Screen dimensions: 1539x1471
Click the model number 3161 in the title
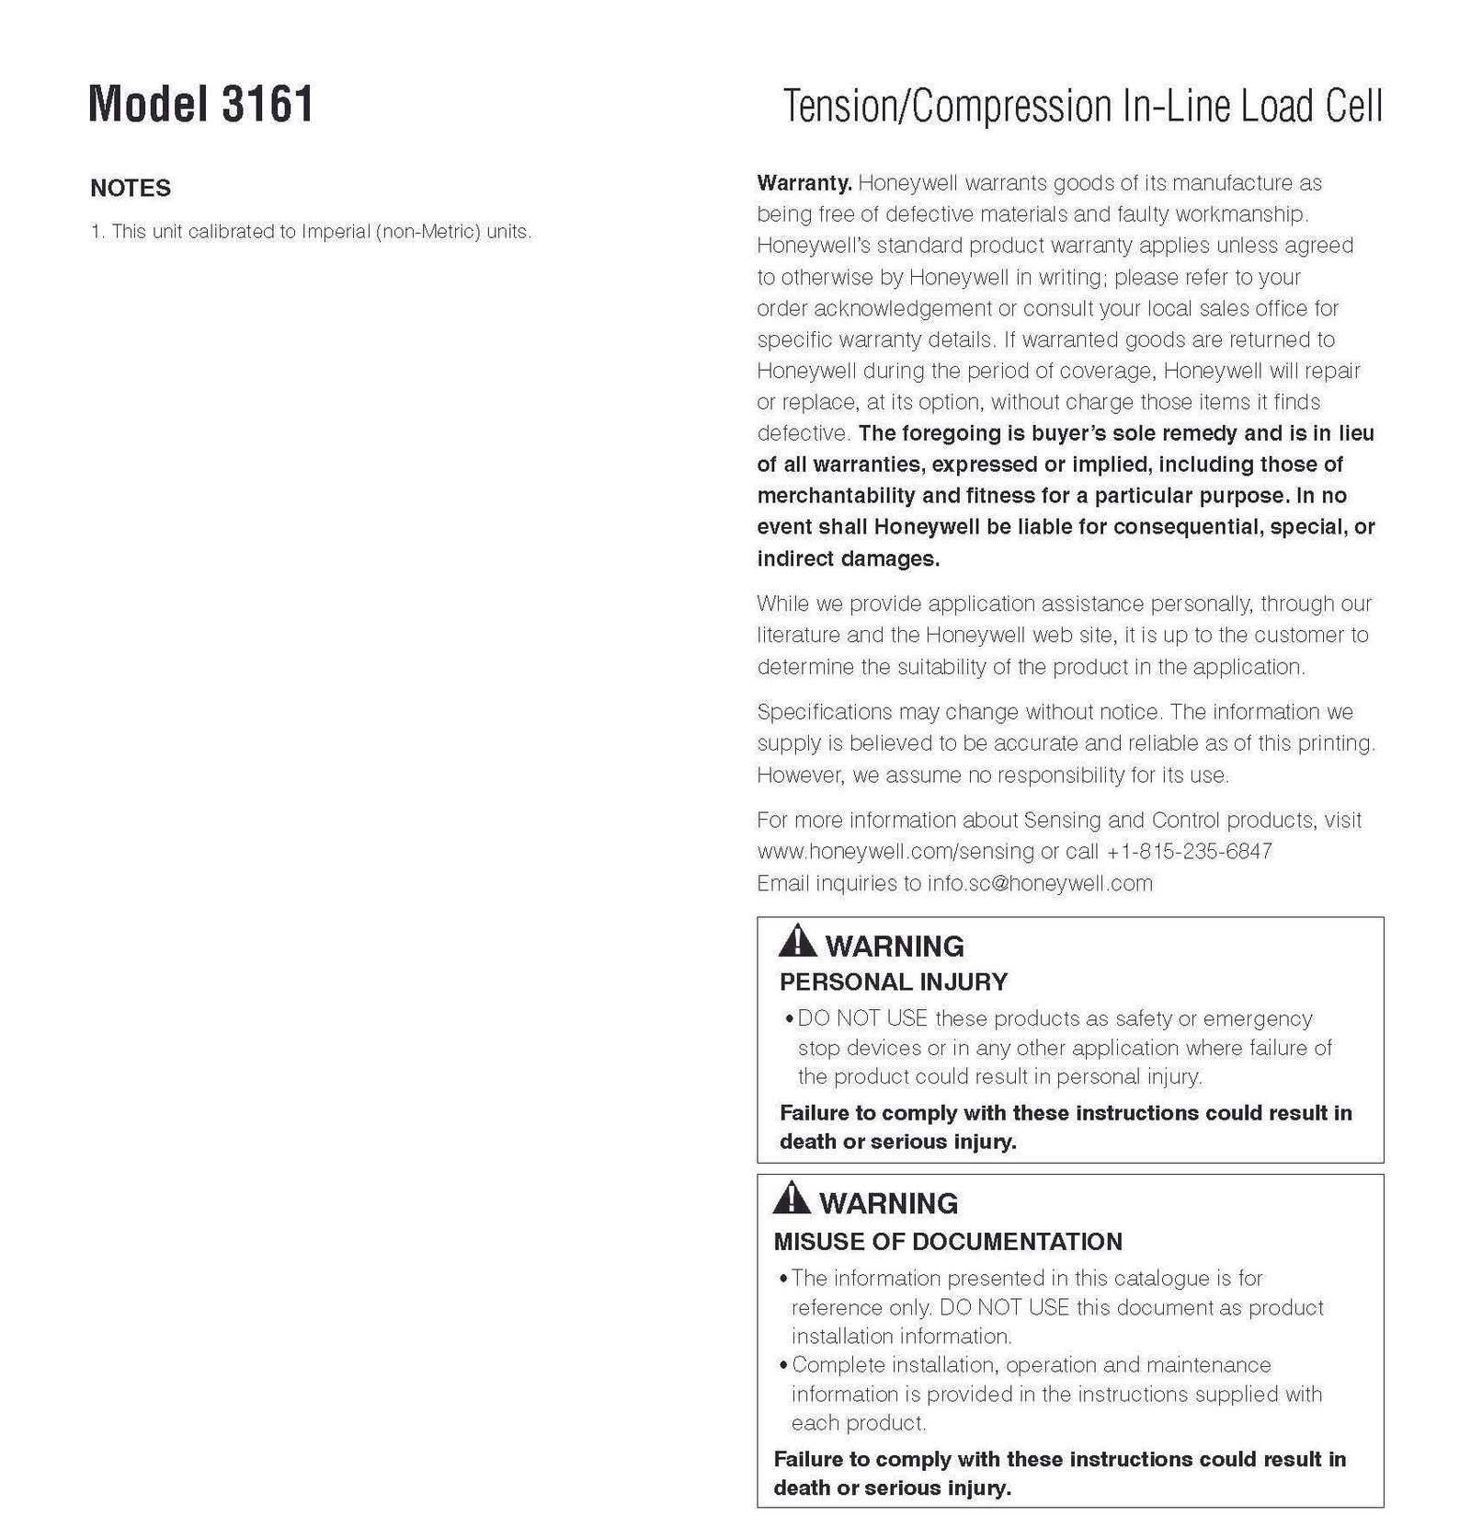pyautogui.click(x=268, y=104)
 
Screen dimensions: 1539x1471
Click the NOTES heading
pyautogui.click(x=131, y=188)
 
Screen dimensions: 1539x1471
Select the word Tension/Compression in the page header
pyautogui.click(x=947, y=107)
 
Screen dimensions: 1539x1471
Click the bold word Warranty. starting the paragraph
pyautogui.click(x=804, y=183)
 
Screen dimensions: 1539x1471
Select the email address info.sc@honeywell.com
pyautogui.click(x=1040, y=883)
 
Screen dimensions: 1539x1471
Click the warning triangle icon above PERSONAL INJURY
pyautogui.click(x=796, y=941)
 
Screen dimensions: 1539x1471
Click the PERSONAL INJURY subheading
pyautogui.click(x=894, y=982)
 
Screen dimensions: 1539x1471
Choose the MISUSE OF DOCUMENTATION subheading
pyautogui.click(x=948, y=1241)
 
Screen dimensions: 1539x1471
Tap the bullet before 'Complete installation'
pyautogui.click(x=783, y=1366)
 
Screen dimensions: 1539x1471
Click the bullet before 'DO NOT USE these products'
pyautogui.click(x=790, y=1019)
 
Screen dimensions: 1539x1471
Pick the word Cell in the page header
pyautogui.click(x=1353, y=107)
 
